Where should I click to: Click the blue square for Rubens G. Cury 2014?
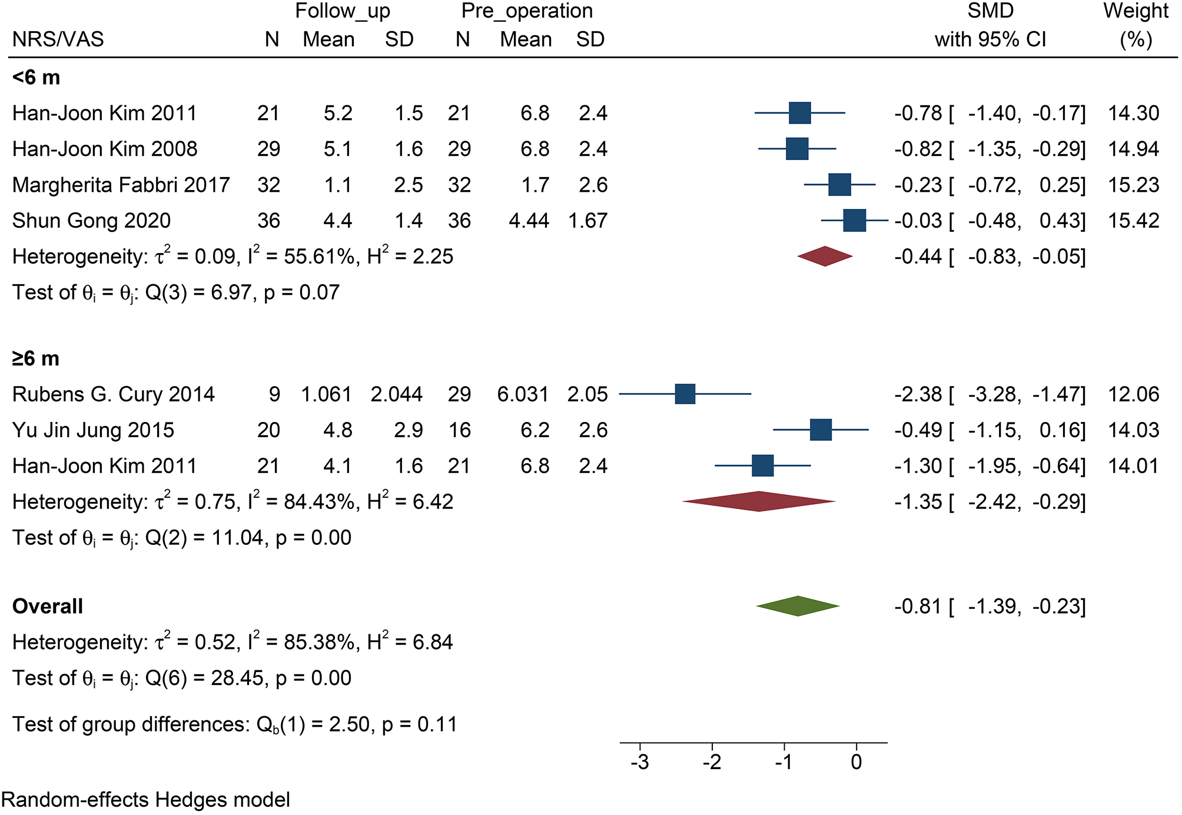coord(685,394)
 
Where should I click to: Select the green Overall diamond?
coord(798,606)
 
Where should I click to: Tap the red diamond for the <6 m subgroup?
coord(825,256)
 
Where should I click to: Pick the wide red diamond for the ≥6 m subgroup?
coord(759,501)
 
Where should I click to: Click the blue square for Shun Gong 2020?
coord(854,220)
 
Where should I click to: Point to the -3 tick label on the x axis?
coord(639,763)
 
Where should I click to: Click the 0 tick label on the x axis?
coord(856,763)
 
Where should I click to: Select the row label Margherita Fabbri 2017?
coord(121,185)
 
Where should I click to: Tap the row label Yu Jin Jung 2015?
coord(93,430)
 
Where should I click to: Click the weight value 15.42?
coord(1133,221)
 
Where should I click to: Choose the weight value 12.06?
coord(1133,394)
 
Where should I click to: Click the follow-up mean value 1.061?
coord(326,394)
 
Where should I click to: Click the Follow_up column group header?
coord(342,11)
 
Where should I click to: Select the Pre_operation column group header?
coord(527,11)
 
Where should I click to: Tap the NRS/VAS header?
coord(58,39)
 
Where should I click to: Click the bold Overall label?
coord(48,606)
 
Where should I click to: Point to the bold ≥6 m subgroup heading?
coord(36,358)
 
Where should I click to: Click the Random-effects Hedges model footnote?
coord(145,800)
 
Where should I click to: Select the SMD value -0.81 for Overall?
coord(918,606)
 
